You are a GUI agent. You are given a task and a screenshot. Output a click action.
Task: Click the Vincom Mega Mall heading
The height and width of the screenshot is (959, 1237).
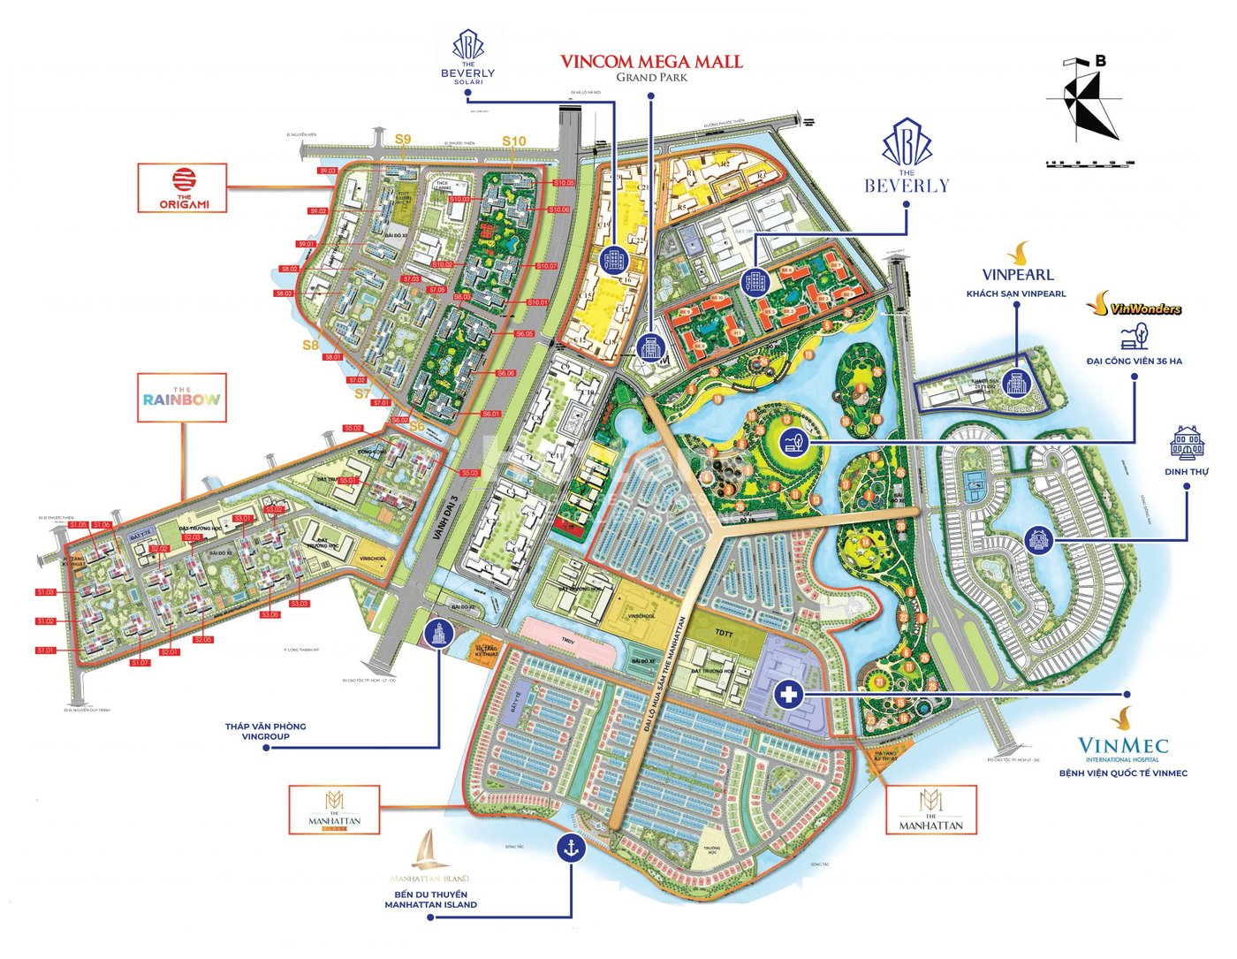point(651,63)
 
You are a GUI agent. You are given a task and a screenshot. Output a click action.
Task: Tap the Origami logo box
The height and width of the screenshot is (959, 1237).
point(183,188)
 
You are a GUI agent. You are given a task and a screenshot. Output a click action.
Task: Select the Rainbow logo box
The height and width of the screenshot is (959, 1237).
point(182,398)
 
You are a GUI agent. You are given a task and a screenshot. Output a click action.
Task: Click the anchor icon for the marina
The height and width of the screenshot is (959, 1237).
point(572,848)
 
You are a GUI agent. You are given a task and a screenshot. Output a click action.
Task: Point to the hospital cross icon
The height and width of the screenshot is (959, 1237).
point(788,695)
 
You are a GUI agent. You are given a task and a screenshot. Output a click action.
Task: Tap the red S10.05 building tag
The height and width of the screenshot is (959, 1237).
point(563,183)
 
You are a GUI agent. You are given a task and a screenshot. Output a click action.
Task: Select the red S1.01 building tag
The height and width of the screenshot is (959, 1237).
point(46,651)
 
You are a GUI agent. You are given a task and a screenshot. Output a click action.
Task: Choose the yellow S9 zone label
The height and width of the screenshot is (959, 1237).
point(403,139)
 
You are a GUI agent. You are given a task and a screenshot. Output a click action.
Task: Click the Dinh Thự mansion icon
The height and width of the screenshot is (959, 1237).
point(1187,442)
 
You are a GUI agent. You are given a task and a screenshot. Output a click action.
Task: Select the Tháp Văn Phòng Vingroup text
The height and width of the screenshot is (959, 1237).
point(265,731)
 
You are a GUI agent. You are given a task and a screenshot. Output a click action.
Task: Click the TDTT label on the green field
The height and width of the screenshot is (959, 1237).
point(725,634)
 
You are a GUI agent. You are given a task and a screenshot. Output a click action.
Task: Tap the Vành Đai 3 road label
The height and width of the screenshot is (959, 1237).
point(450,515)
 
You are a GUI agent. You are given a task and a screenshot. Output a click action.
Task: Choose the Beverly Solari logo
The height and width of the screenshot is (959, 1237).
point(468,57)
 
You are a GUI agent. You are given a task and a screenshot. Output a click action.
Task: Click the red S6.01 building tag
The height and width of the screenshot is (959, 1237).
point(491,414)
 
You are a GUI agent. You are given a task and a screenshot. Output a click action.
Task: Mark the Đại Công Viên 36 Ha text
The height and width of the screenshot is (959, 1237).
point(1134,361)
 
